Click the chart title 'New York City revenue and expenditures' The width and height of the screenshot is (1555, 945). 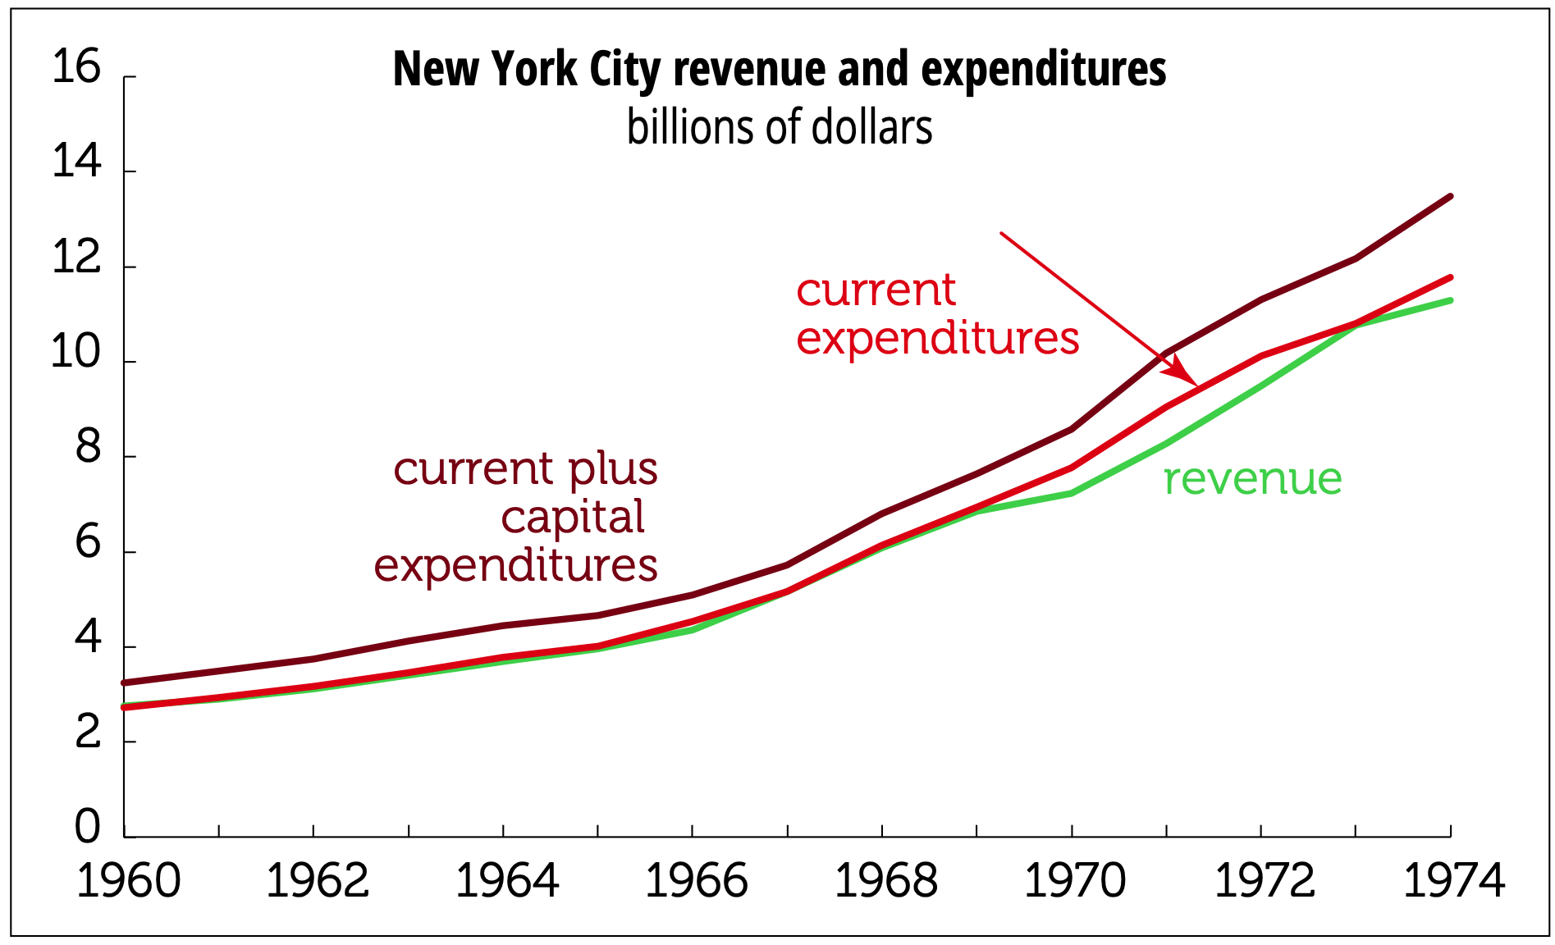click(779, 69)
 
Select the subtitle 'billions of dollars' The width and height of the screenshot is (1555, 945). click(779, 128)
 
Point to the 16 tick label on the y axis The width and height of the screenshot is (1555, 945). click(75, 67)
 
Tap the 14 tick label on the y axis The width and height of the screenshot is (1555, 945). click(75, 162)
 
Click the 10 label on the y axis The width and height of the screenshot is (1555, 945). click(75, 353)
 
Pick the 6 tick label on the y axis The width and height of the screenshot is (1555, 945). click(88, 543)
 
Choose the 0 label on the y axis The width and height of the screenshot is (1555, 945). click(88, 827)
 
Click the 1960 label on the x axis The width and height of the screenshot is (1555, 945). click(128, 882)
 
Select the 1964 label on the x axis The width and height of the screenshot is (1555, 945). click(506, 882)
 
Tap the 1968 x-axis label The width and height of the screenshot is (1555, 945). click(885, 882)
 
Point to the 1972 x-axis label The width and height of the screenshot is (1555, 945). click(1264, 882)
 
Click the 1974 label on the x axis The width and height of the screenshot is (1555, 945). click(1453, 882)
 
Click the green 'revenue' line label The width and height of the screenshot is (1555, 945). click(1252, 479)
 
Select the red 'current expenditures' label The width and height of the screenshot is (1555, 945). click(937, 314)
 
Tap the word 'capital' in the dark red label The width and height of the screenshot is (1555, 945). click(573, 518)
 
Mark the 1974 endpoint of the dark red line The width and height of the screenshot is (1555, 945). click(1450, 197)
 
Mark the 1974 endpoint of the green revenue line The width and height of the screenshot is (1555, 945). click(1450, 301)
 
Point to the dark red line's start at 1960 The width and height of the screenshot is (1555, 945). click(125, 682)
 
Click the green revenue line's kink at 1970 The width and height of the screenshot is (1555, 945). click(1072, 493)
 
